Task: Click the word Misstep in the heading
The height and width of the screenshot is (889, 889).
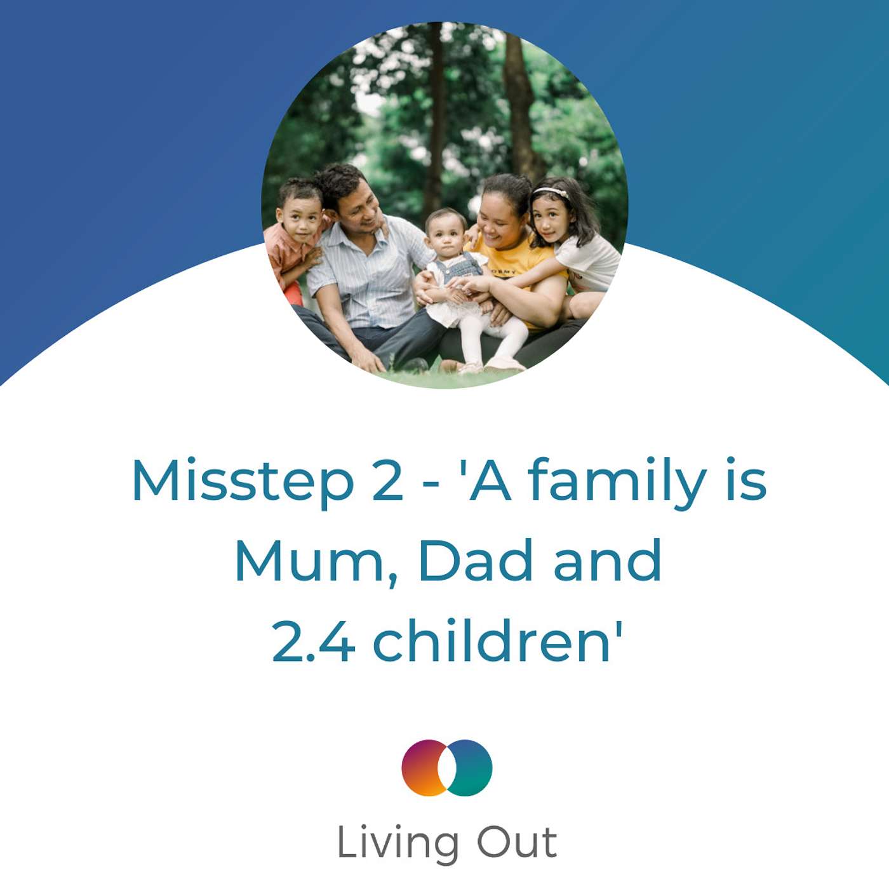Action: [x=241, y=481]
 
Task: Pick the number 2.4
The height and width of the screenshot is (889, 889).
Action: [x=312, y=641]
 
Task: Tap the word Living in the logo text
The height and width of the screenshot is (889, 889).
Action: [x=398, y=843]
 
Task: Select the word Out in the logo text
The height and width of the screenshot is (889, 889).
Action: [x=516, y=843]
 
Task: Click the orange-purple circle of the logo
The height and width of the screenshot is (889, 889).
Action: [x=424, y=767]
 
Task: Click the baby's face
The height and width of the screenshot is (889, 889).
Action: [x=446, y=233]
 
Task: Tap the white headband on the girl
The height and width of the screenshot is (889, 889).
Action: [x=550, y=192]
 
